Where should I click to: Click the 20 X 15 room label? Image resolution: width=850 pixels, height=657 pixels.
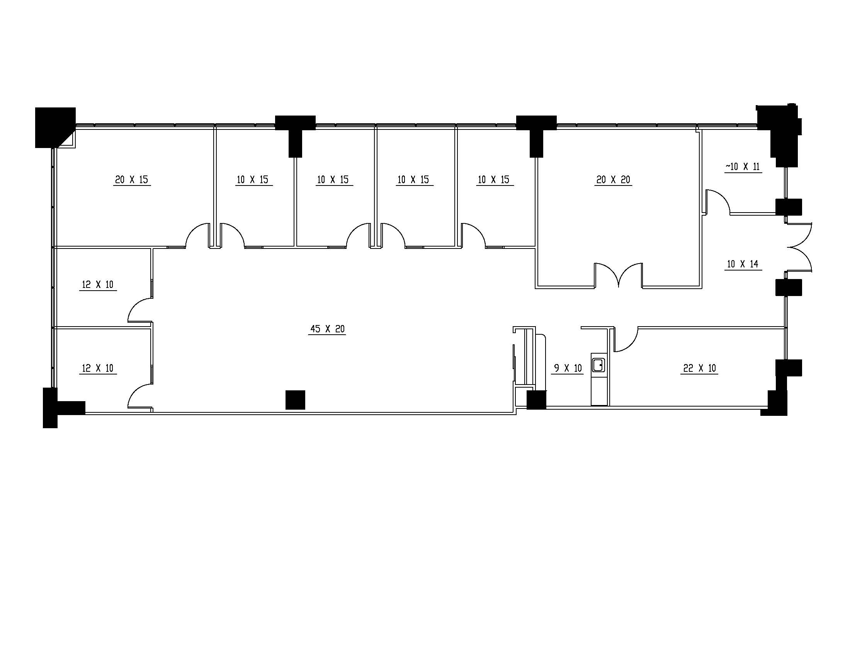[x=131, y=180]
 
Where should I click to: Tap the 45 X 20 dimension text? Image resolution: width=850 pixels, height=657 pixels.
[x=327, y=329]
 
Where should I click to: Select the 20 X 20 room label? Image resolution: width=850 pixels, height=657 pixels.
[x=613, y=180]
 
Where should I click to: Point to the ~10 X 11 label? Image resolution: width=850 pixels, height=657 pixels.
[x=743, y=167]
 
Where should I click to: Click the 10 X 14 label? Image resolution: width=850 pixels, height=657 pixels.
[x=743, y=264]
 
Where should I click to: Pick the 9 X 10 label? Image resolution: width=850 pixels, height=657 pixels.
[x=568, y=368]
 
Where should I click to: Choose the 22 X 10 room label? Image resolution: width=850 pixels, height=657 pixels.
[x=699, y=368]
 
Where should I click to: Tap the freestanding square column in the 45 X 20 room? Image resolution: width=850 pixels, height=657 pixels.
[x=295, y=400]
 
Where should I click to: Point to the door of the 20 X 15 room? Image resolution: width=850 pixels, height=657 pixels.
[x=198, y=235]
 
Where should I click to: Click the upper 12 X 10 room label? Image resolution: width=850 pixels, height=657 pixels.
[x=98, y=285]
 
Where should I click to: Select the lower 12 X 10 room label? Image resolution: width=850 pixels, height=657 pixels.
[x=98, y=368]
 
